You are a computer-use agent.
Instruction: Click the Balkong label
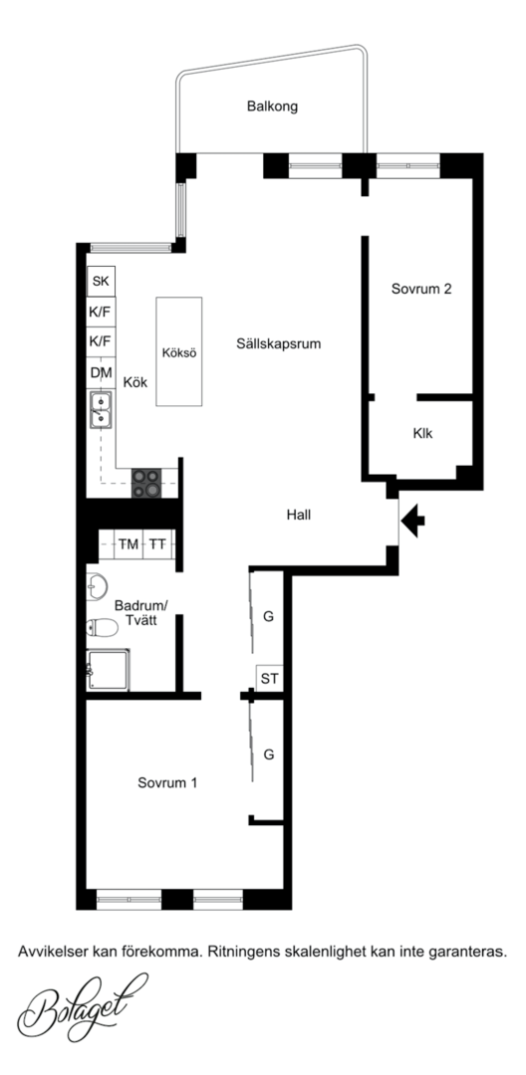272,107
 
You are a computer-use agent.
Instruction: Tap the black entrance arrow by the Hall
412,521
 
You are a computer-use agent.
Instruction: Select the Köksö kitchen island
179,351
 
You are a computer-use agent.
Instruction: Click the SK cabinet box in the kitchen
101,281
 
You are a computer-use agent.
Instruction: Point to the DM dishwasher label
101,373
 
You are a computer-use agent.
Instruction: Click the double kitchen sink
101,409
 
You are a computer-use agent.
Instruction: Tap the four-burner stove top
146,483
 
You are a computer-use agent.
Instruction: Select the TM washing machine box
129,544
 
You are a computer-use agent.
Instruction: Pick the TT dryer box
157,544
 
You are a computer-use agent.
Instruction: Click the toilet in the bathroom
102,627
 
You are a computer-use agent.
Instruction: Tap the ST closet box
270,679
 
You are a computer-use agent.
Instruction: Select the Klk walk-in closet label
423,434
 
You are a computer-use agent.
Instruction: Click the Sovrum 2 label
421,290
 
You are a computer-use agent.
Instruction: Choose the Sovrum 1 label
167,783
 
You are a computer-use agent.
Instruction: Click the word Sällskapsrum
278,344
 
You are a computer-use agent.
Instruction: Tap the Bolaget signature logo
83,1006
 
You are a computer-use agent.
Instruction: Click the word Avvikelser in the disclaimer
48,952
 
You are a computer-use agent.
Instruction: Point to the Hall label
298,515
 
